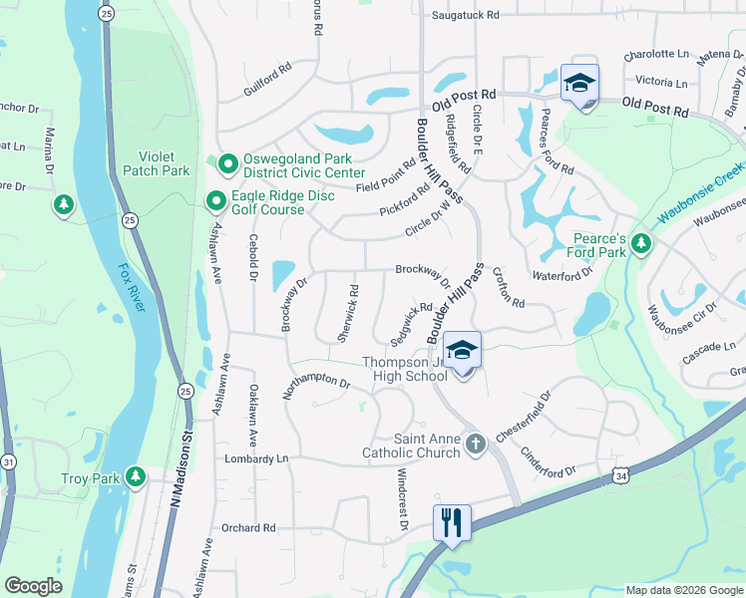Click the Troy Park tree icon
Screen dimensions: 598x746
pos(135,479)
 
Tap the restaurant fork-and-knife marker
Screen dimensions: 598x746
pos(452,523)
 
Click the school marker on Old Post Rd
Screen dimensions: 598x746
pos(579,85)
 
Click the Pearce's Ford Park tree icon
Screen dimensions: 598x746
pos(641,244)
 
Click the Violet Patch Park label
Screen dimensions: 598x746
pos(156,163)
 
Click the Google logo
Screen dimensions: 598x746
pos(33,586)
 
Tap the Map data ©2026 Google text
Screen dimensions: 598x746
pos(683,589)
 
